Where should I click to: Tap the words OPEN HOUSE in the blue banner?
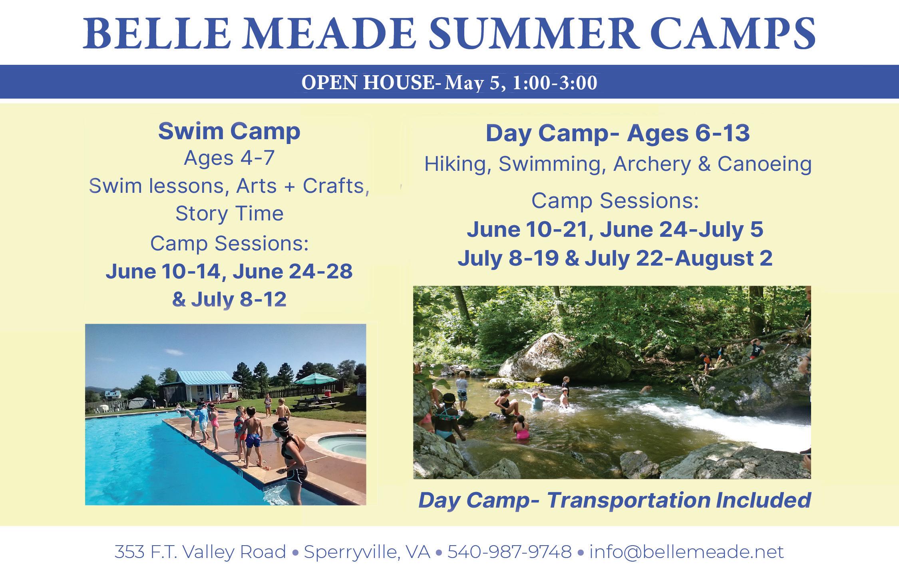(367, 83)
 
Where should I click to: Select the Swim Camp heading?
(229, 132)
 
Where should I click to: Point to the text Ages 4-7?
(229, 158)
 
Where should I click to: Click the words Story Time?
(229, 213)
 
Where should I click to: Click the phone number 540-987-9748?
(509, 552)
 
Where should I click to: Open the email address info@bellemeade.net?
(686, 552)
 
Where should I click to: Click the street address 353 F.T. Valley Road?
(200, 552)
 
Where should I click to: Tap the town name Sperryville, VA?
(367, 552)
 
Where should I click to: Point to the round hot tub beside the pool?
(342, 446)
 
